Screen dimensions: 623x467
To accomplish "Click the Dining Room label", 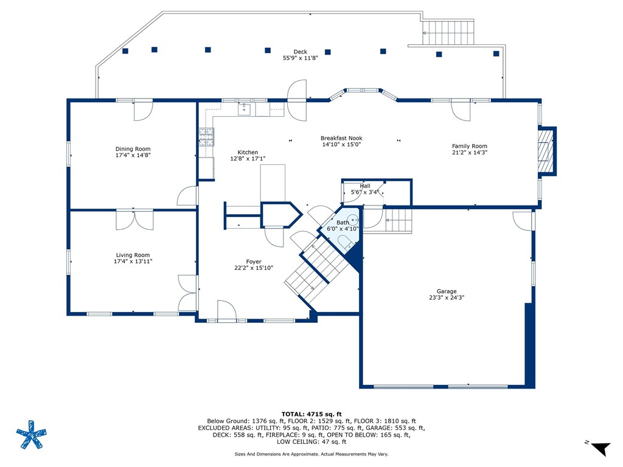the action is pyautogui.click(x=133, y=149).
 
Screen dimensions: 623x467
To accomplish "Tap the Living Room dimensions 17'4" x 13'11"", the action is pyautogui.click(x=133, y=261).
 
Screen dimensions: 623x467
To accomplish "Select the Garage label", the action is pyautogui.click(x=447, y=291).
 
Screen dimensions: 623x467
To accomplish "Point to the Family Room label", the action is pyautogui.click(x=469, y=146).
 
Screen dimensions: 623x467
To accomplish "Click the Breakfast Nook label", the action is pyautogui.click(x=341, y=138).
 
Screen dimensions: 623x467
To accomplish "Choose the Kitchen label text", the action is pyautogui.click(x=248, y=153).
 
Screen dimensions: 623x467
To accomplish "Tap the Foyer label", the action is pyautogui.click(x=254, y=261).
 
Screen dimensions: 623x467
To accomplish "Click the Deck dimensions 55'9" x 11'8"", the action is pyautogui.click(x=301, y=58).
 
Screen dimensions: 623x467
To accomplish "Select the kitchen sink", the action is pyautogui.click(x=244, y=109).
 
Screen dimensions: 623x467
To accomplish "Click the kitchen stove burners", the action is pyautogui.click(x=206, y=137).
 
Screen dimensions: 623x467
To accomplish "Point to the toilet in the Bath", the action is pyautogui.click(x=345, y=242).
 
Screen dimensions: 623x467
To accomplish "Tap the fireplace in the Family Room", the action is pyautogui.click(x=546, y=151).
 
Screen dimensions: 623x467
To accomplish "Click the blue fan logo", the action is pyautogui.click(x=32, y=434).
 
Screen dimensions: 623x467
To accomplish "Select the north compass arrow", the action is pyautogui.click(x=600, y=448).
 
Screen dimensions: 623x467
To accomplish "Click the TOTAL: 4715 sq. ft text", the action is pyautogui.click(x=311, y=414).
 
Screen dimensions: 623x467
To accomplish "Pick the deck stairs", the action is pyautogui.click(x=448, y=33).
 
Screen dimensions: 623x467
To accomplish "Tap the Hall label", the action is pyautogui.click(x=365, y=186).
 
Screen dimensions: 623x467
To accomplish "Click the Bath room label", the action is pyautogui.click(x=343, y=223).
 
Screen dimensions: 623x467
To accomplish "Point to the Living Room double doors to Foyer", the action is pyautogui.click(x=187, y=293).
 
